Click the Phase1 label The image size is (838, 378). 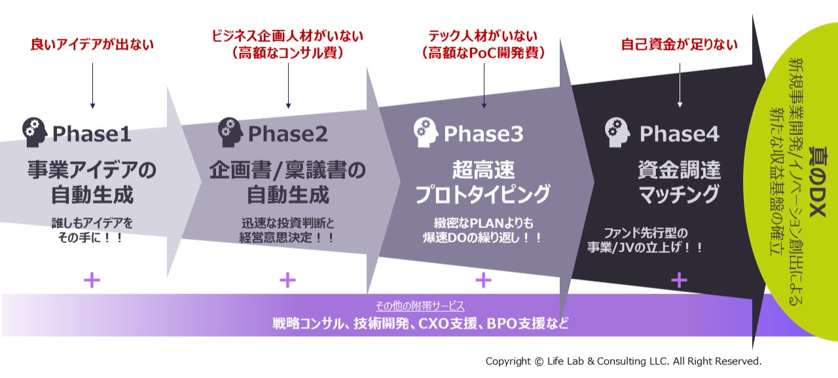click(x=92, y=134)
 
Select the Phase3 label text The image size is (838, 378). click(x=483, y=134)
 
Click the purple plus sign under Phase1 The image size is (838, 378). click(x=92, y=280)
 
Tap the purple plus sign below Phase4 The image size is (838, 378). click(x=679, y=280)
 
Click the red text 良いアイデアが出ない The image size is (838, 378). click(x=92, y=44)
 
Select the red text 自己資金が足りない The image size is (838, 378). click(x=679, y=44)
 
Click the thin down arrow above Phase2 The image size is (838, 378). click(x=288, y=86)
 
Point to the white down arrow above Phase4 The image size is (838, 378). click(x=680, y=85)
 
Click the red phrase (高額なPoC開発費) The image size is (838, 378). click(x=483, y=53)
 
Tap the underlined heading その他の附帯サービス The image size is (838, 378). click(x=420, y=306)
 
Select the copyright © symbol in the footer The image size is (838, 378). click(x=539, y=362)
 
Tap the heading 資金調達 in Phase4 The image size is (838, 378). click(x=679, y=170)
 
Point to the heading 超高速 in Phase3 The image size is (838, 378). click(x=483, y=170)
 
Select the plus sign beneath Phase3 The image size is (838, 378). click(x=483, y=280)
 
